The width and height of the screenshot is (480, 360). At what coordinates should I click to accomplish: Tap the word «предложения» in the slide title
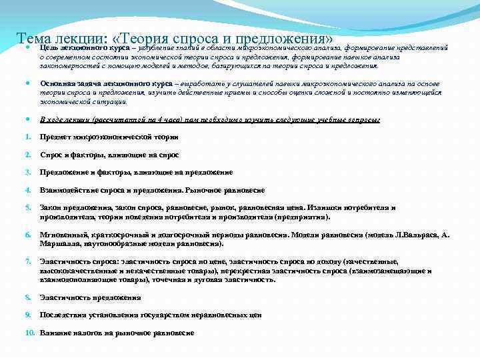point(288,39)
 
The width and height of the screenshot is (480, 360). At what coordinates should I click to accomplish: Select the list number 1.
point(27,137)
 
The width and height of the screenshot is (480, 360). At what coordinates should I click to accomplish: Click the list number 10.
point(30,332)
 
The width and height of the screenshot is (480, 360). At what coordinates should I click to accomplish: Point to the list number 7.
point(27,261)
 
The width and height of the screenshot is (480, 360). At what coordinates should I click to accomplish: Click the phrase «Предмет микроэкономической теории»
point(109,137)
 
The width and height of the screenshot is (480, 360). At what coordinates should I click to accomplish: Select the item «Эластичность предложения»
point(90,297)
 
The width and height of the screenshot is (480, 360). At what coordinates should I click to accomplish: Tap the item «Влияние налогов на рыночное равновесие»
point(117,332)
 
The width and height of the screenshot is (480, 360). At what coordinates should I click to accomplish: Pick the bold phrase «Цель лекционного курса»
point(83,48)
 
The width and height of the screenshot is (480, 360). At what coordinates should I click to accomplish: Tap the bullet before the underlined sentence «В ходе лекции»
point(27,119)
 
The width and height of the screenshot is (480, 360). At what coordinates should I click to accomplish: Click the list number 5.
point(27,208)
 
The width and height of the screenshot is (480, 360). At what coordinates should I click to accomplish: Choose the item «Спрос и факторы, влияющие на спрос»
point(110,155)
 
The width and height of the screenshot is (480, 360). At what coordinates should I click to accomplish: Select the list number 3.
point(27,172)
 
